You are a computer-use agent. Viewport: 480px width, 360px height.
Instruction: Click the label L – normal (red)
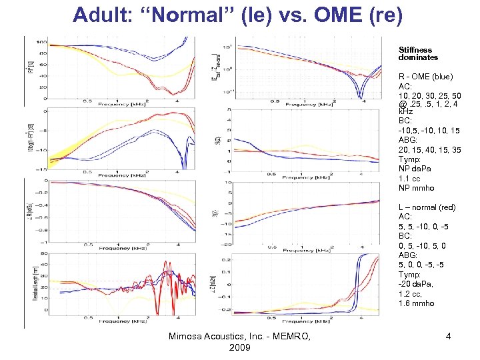pos(427,208)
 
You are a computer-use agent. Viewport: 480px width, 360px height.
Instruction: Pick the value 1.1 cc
pos(409,179)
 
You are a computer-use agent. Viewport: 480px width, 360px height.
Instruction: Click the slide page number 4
pos(449,337)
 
